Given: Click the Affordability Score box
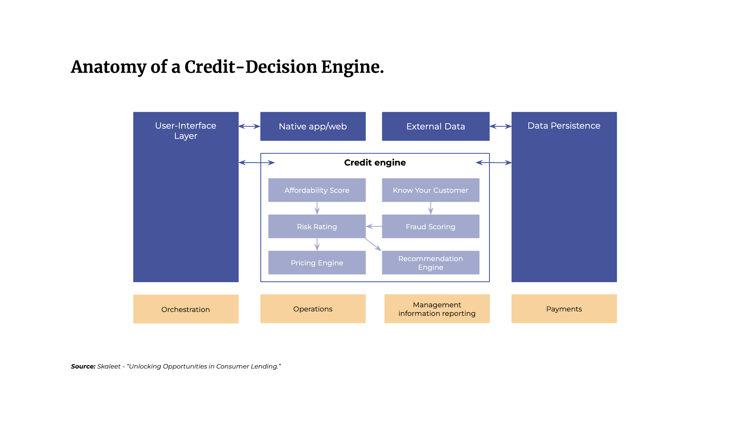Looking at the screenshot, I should point(317,190).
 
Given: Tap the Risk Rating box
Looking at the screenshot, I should point(317,226).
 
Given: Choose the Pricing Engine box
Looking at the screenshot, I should point(317,263).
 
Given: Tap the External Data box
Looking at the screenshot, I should point(436,126).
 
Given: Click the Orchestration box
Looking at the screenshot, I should point(186,309).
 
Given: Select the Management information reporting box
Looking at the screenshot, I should point(437,309).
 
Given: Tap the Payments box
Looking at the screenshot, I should point(564,309).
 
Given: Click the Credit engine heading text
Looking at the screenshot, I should point(375,162).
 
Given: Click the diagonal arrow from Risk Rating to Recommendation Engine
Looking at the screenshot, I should point(373,244).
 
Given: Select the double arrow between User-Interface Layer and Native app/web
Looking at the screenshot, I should point(249,126).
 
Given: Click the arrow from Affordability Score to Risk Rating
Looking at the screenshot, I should point(317,208).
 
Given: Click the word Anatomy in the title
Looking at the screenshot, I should point(109,67).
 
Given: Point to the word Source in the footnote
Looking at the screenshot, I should point(83,366).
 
